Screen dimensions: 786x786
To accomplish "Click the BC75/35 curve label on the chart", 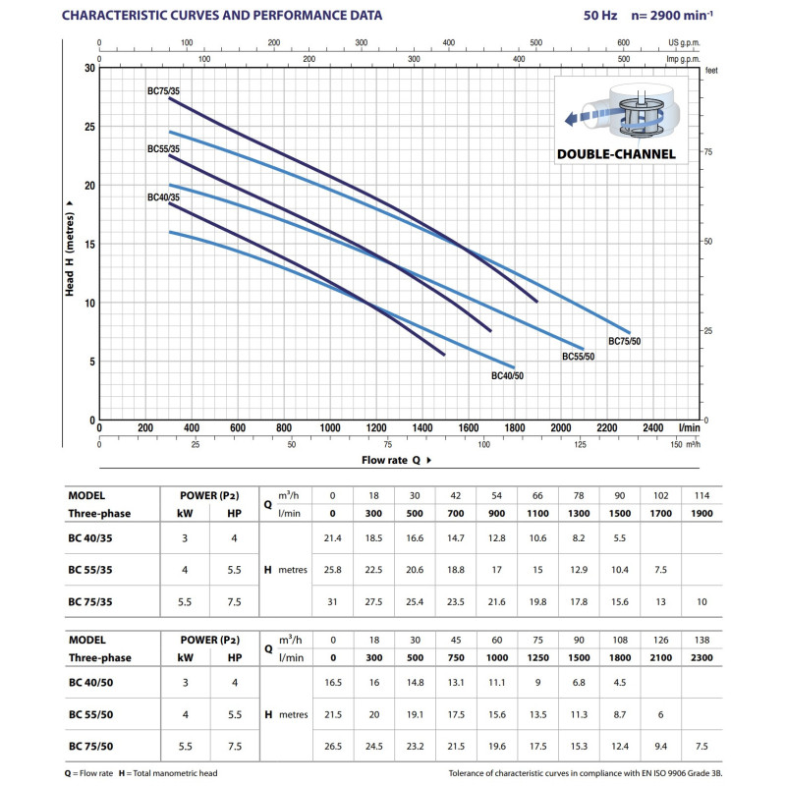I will coord(164,91).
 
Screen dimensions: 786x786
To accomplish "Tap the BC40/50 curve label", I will coord(508,376).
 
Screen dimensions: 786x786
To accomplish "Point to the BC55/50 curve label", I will coord(578,356).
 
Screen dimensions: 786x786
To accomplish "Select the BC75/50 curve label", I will coord(624,341).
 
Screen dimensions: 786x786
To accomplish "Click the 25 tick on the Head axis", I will coord(89,127).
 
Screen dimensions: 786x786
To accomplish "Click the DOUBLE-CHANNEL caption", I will coord(616,154).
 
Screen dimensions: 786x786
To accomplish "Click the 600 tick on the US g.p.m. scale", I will coord(623,43).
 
